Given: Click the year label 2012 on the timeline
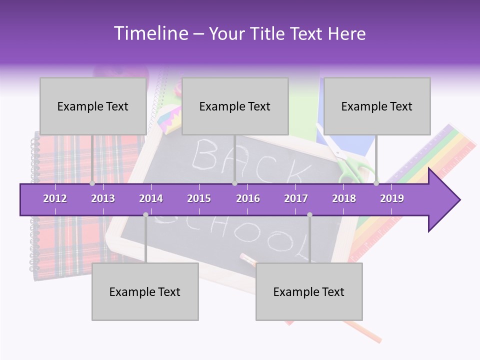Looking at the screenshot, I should click(x=55, y=198).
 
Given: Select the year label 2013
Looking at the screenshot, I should click(x=103, y=198).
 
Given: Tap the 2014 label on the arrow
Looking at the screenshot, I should click(x=151, y=198).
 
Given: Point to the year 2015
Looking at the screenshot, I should click(x=199, y=198).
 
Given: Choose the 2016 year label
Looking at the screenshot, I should click(x=248, y=198).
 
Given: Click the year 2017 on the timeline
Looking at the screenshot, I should click(x=296, y=198).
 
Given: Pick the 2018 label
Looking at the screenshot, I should click(x=344, y=198).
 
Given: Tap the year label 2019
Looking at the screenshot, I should click(x=392, y=198).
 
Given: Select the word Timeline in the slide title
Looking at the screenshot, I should click(x=150, y=33).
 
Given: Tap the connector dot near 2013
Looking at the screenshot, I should click(x=92, y=183).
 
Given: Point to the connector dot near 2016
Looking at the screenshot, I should click(x=234, y=183).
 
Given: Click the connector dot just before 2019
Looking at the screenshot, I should click(x=376, y=183).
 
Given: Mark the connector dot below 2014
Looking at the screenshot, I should click(x=145, y=215).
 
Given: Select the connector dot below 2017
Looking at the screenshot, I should click(x=309, y=215).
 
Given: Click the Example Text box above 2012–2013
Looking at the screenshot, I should click(x=93, y=106).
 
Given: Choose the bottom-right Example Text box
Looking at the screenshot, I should click(x=309, y=291).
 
